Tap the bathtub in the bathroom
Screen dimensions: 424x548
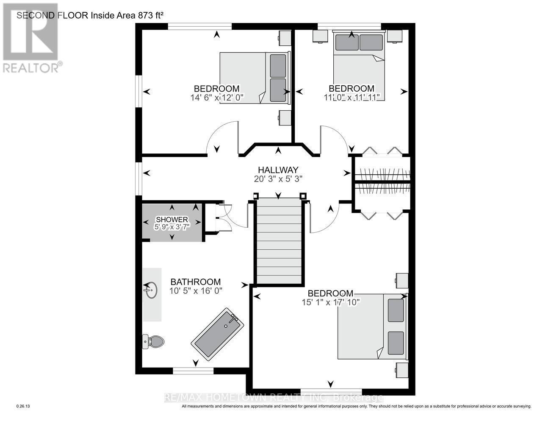point(218,335)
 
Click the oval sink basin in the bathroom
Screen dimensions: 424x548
point(150,291)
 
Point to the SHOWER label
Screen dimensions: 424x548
point(172,219)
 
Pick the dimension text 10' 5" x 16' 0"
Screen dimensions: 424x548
point(196,291)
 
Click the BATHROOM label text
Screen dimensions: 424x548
point(196,282)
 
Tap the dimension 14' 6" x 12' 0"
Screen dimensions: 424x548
point(216,98)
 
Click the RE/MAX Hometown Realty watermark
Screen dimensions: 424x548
point(274,398)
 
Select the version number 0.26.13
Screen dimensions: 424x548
point(23,406)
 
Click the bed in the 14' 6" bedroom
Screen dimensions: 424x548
point(253,78)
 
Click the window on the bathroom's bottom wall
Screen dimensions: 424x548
point(193,371)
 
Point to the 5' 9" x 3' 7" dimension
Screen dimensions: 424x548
point(172,226)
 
